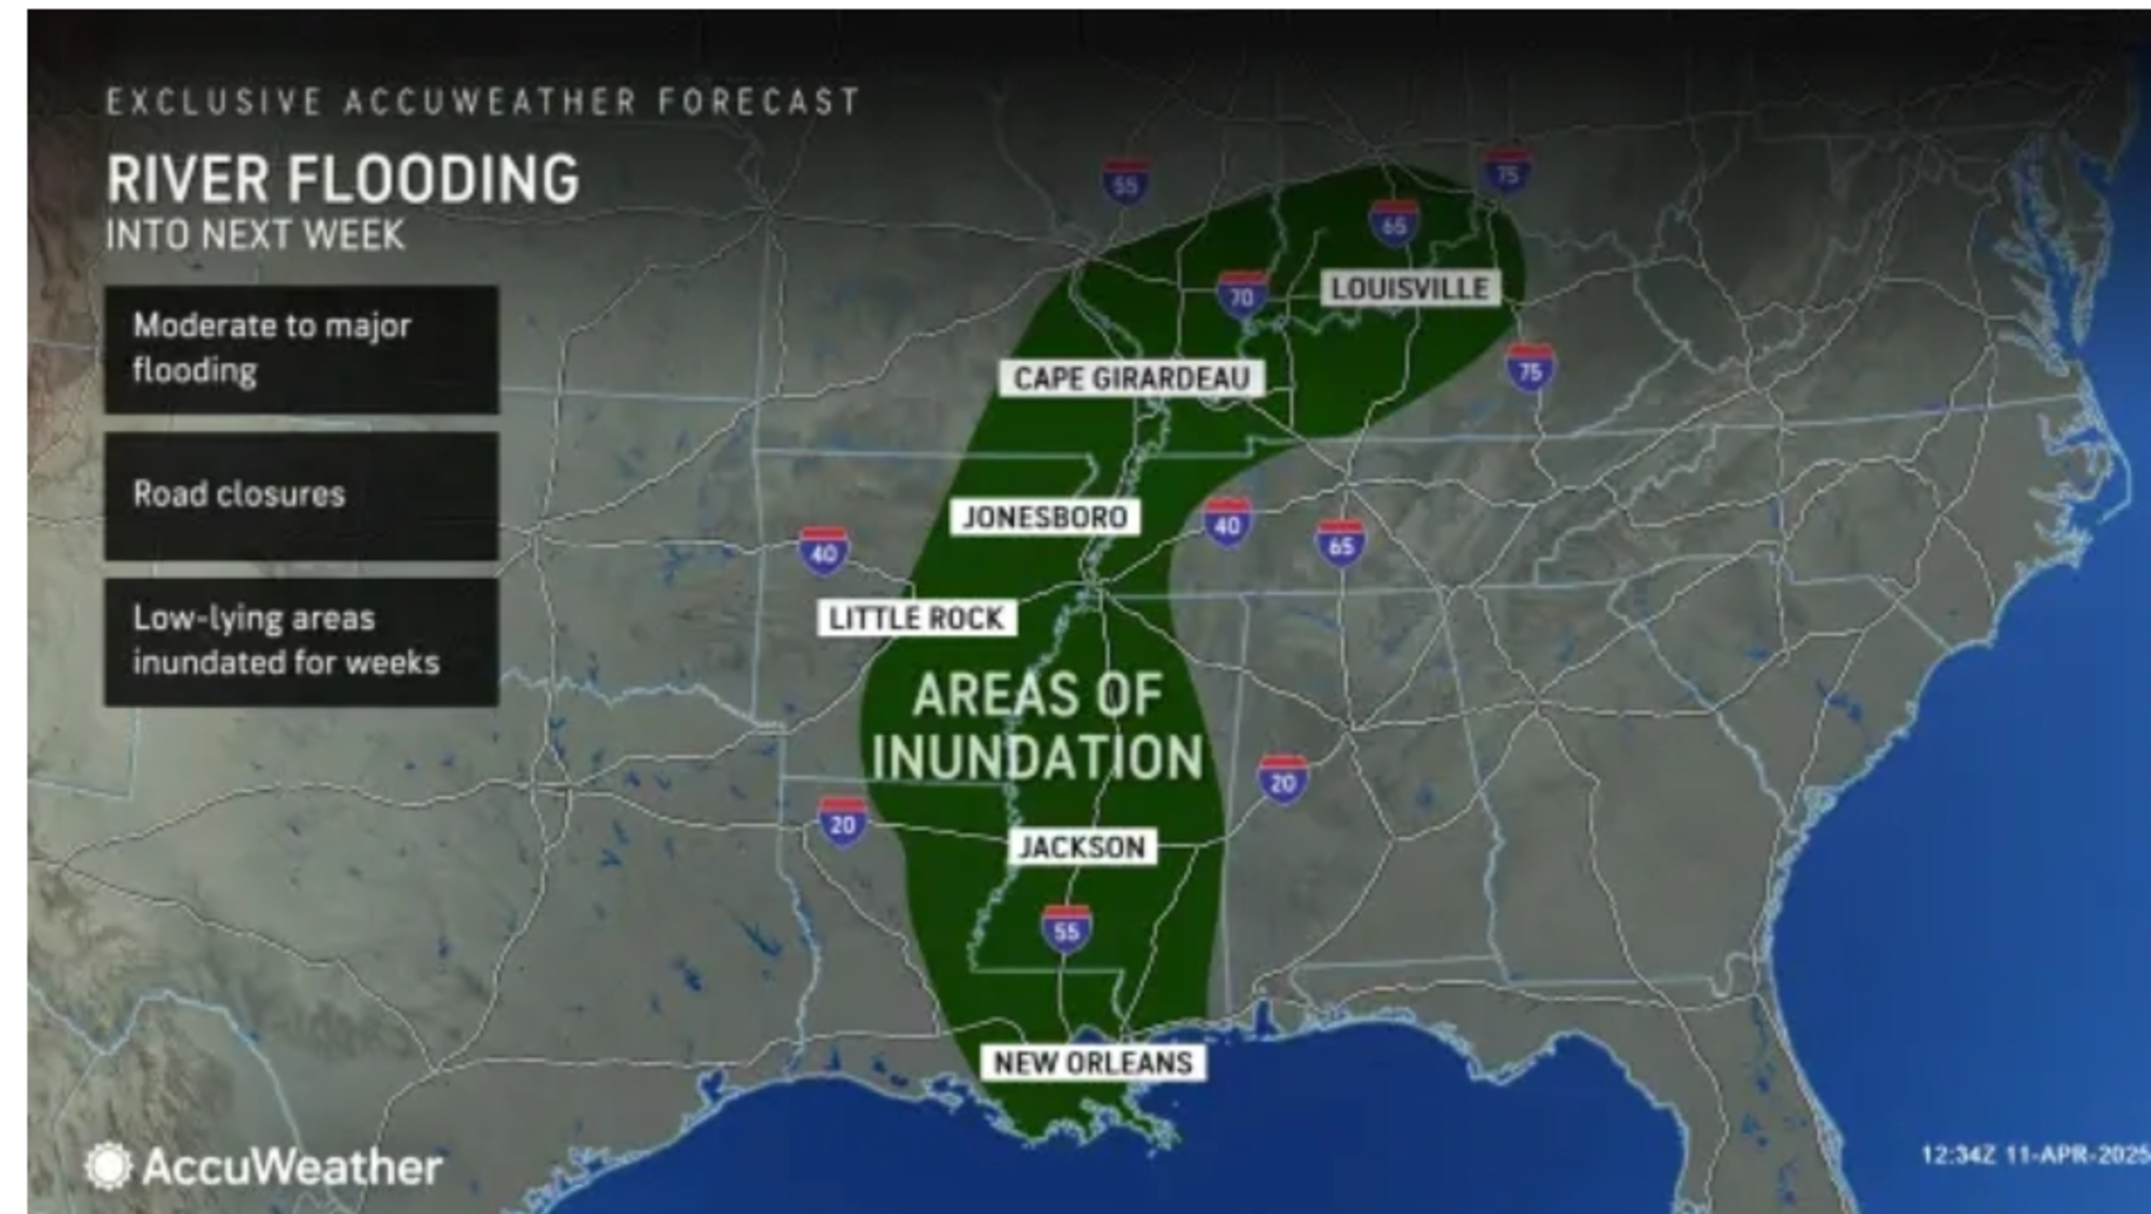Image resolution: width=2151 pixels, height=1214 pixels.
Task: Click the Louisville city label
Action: [1410, 289]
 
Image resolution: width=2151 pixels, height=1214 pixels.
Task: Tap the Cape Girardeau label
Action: [1132, 378]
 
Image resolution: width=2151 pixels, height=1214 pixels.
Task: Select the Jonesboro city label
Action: [1045, 518]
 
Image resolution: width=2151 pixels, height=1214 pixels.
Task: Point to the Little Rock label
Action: [916, 619]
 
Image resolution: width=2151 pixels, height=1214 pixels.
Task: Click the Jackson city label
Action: [1082, 847]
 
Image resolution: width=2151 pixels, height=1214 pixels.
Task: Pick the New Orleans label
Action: [1092, 1063]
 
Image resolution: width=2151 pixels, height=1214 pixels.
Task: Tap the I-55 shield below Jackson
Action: [1066, 929]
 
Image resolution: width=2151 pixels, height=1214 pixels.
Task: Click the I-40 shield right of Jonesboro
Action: [1226, 523]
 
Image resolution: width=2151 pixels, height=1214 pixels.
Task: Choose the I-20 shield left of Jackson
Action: [843, 822]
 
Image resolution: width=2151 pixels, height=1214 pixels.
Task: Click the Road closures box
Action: [302, 495]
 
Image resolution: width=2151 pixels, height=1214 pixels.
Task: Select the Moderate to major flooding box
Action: [302, 349]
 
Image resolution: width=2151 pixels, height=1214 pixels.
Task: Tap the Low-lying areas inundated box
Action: [302, 641]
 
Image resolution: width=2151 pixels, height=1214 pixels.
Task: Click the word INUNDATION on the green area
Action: [1037, 756]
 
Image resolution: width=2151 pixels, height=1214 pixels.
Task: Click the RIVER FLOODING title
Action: [342, 178]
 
